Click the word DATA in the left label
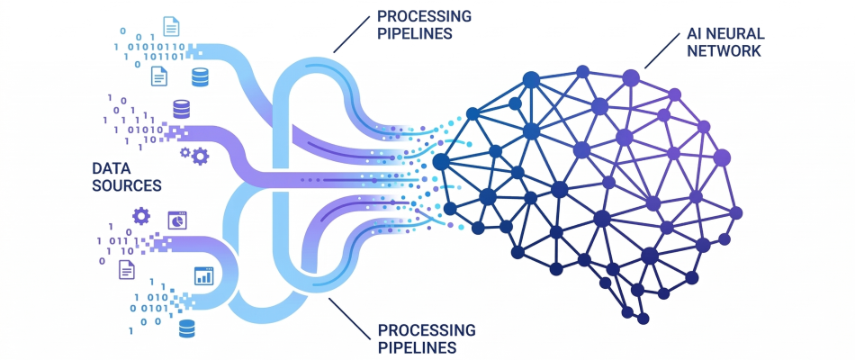tap(112, 167)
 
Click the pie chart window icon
tap(176, 219)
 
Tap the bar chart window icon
tap(203, 275)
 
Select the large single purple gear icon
tap(140, 216)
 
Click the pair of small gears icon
tap(194, 155)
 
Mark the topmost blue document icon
tap(170, 26)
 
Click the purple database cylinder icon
tap(181, 109)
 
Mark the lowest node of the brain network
tap(642, 318)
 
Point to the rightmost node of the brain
tap(736, 213)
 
